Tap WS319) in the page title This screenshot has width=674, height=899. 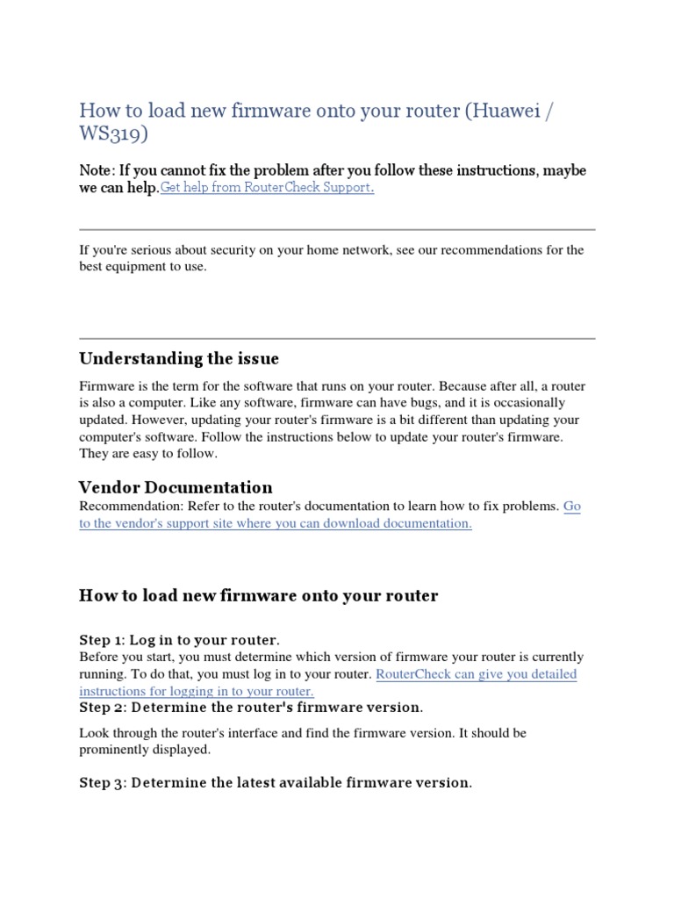[114, 135]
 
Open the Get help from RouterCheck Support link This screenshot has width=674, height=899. [267, 188]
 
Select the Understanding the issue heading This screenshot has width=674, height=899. [179, 358]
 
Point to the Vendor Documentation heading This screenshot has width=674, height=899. [176, 487]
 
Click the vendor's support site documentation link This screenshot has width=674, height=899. [276, 523]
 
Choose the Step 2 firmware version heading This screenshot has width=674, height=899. [251, 707]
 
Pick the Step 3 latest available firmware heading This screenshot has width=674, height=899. [276, 782]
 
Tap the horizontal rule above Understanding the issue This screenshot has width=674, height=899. [337, 338]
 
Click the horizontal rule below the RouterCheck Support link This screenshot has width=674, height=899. [337, 229]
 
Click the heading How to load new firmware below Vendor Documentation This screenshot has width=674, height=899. [258, 596]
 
